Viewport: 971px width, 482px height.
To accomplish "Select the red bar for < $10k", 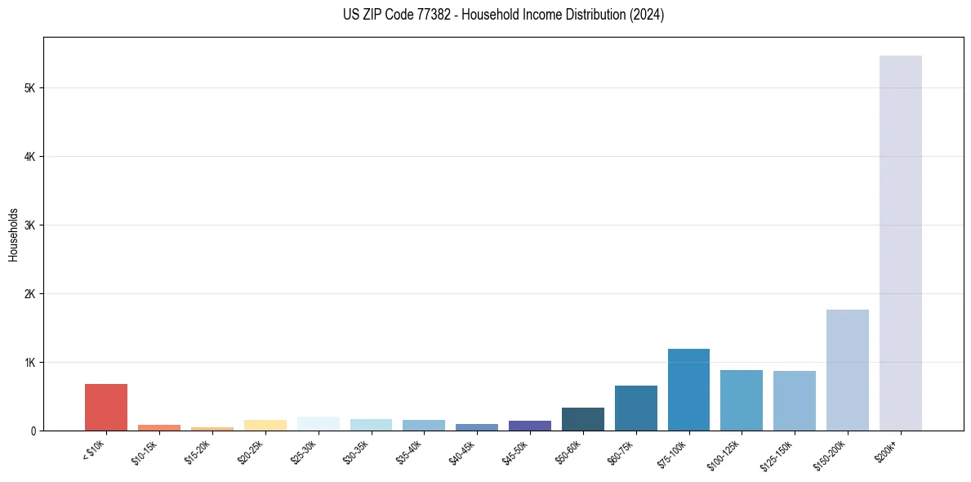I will pos(106,407).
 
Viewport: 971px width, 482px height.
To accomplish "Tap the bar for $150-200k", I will pos(847,369).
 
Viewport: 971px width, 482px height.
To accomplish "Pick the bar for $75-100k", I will pos(688,389).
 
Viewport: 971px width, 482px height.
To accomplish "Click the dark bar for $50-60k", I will pos(582,418).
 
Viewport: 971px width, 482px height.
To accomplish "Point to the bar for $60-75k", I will pos(635,408).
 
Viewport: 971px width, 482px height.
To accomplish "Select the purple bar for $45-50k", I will pos(529,425).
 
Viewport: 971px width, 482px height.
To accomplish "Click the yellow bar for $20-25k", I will pos(265,425).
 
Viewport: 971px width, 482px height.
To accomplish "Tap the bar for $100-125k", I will pos(741,399).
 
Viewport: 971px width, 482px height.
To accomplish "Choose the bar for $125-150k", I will pos(794,400).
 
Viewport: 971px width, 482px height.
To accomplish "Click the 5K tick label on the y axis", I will pos(29,87).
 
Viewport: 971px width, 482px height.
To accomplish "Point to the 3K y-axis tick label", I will pos(29,225).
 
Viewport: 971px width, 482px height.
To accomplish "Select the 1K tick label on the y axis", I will pos(29,362).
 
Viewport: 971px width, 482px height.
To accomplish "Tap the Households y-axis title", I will pos(13,234).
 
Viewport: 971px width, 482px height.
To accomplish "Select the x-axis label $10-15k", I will pos(145,451).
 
